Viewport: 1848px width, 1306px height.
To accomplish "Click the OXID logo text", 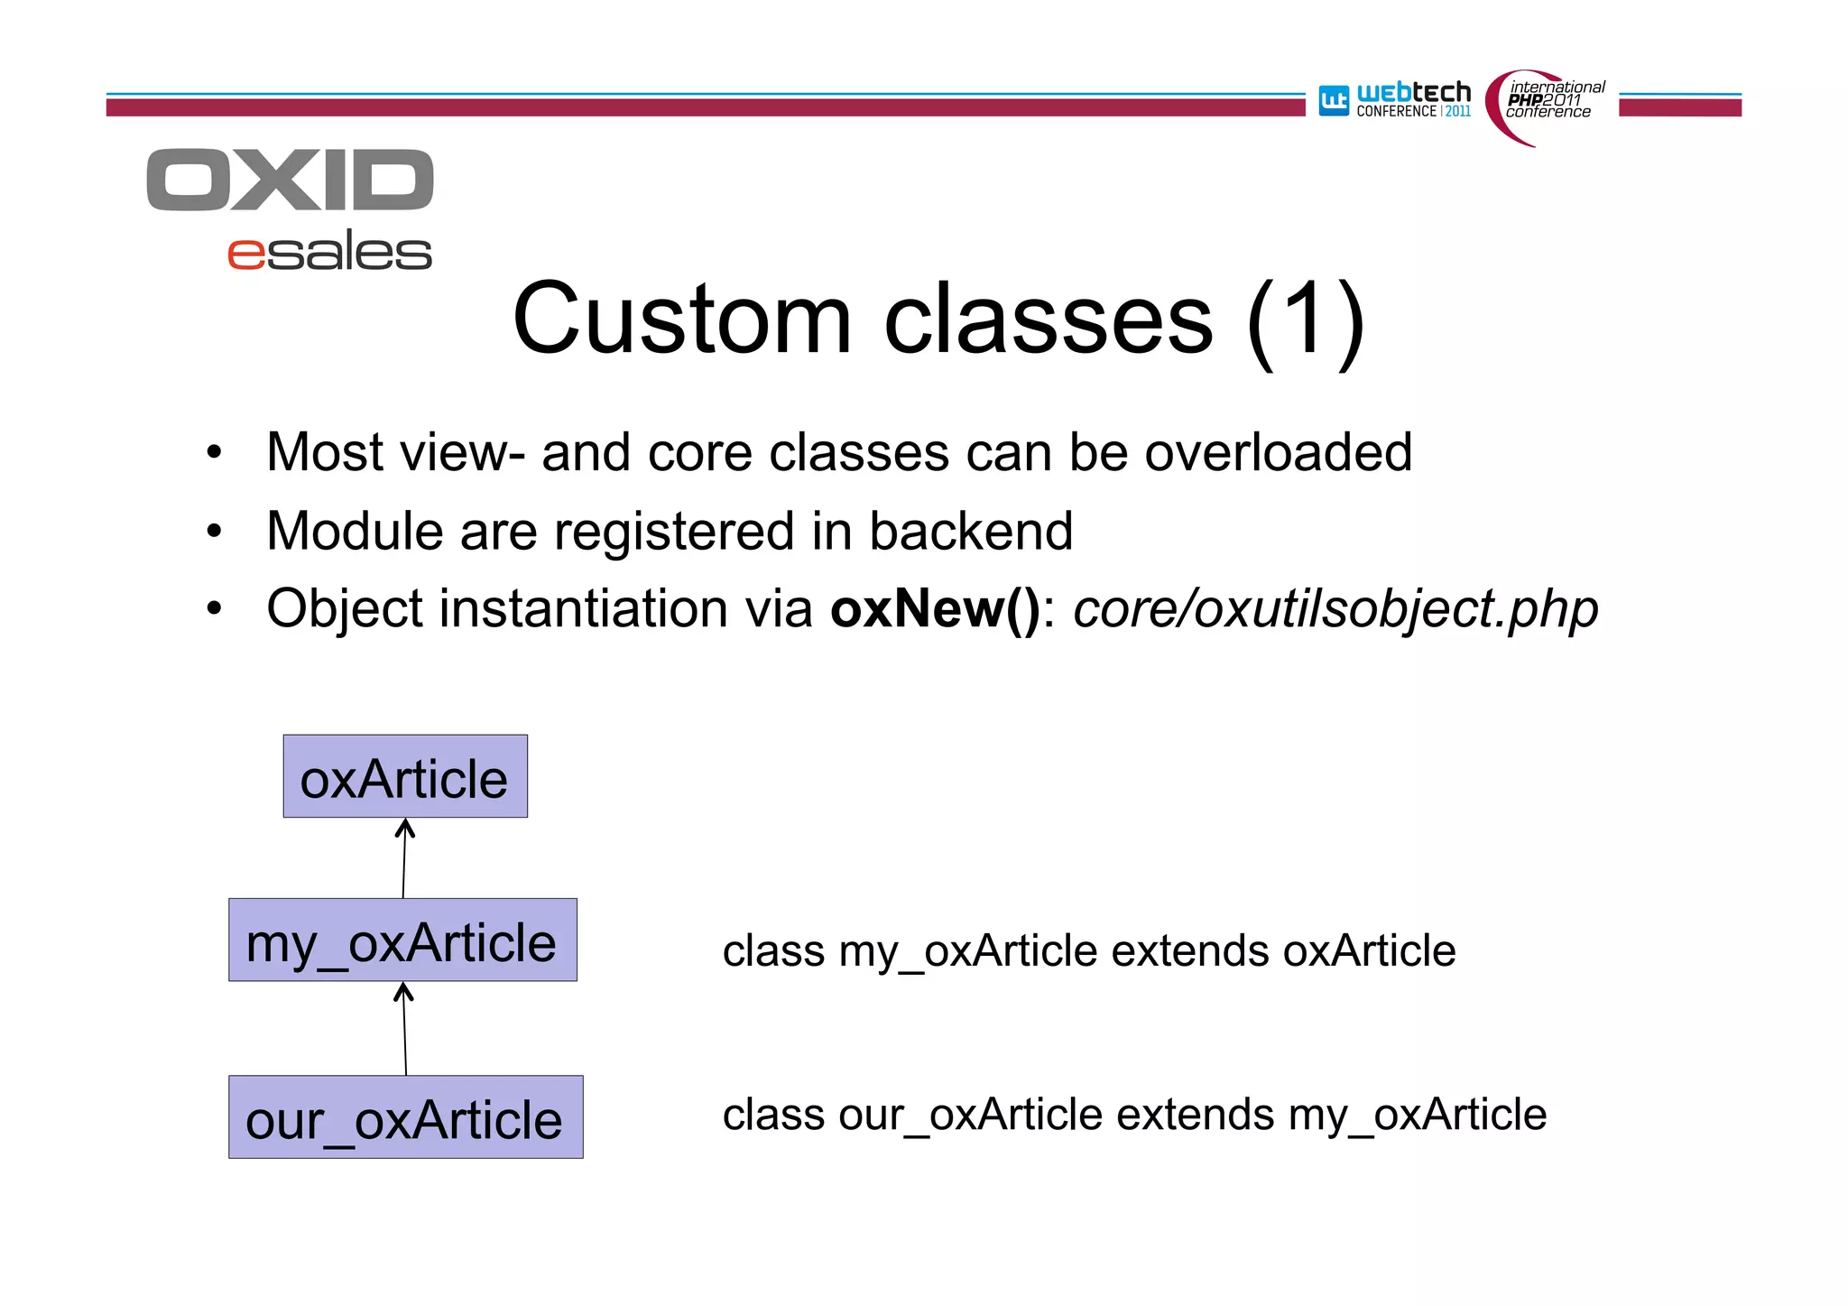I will pyautogui.click(x=290, y=181).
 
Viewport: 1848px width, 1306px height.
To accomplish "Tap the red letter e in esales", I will pyautogui.click(x=246, y=254).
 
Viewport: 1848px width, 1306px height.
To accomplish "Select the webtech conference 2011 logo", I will pyautogui.click(x=1395, y=100).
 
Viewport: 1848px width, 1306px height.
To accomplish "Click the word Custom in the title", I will pyautogui.click(x=682, y=320).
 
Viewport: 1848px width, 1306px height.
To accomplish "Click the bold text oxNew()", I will pyautogui.click(x=936, y=609).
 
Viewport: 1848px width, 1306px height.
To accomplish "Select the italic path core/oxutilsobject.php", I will pyautogui.click(x=1335, y=609).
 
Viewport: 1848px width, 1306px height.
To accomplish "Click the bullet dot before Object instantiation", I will pyautogui.click(x=214, y=609).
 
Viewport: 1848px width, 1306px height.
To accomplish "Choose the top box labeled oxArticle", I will pyautogui.click(x=405, y=777).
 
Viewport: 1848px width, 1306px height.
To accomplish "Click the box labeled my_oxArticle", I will pyautogui.click(x=402, y=940).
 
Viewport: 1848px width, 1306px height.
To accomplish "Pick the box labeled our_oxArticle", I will pyautogui.click(x=405, y=1117).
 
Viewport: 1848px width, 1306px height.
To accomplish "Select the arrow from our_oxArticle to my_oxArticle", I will pyautogui.click(x=404, y=1029).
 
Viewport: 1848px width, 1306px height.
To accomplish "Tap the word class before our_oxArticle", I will pyautogui.click(x=773, y=1115).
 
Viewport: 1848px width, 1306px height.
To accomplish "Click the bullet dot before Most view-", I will pyautogui.click(x=214, y=452).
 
